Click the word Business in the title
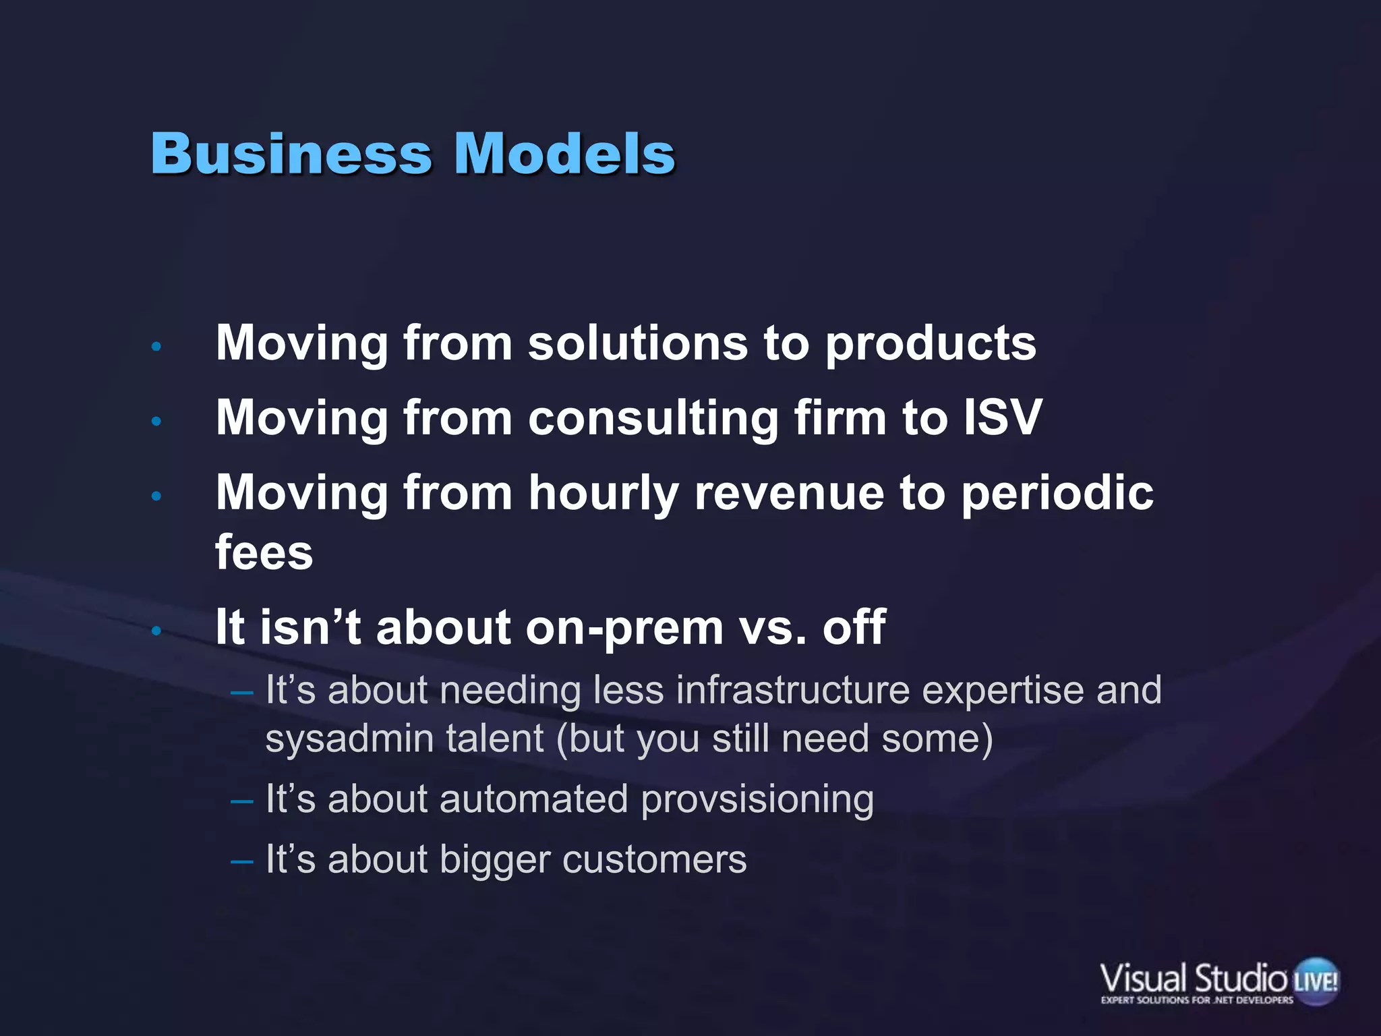click(291, 153)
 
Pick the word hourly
click(603, 494)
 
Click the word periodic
click(1057, 494)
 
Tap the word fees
click(264, 552)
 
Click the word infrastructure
click(792, 690)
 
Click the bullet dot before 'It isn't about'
click(156, 631)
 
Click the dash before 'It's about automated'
click(241, 801)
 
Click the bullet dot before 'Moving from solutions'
click(156, 347)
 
